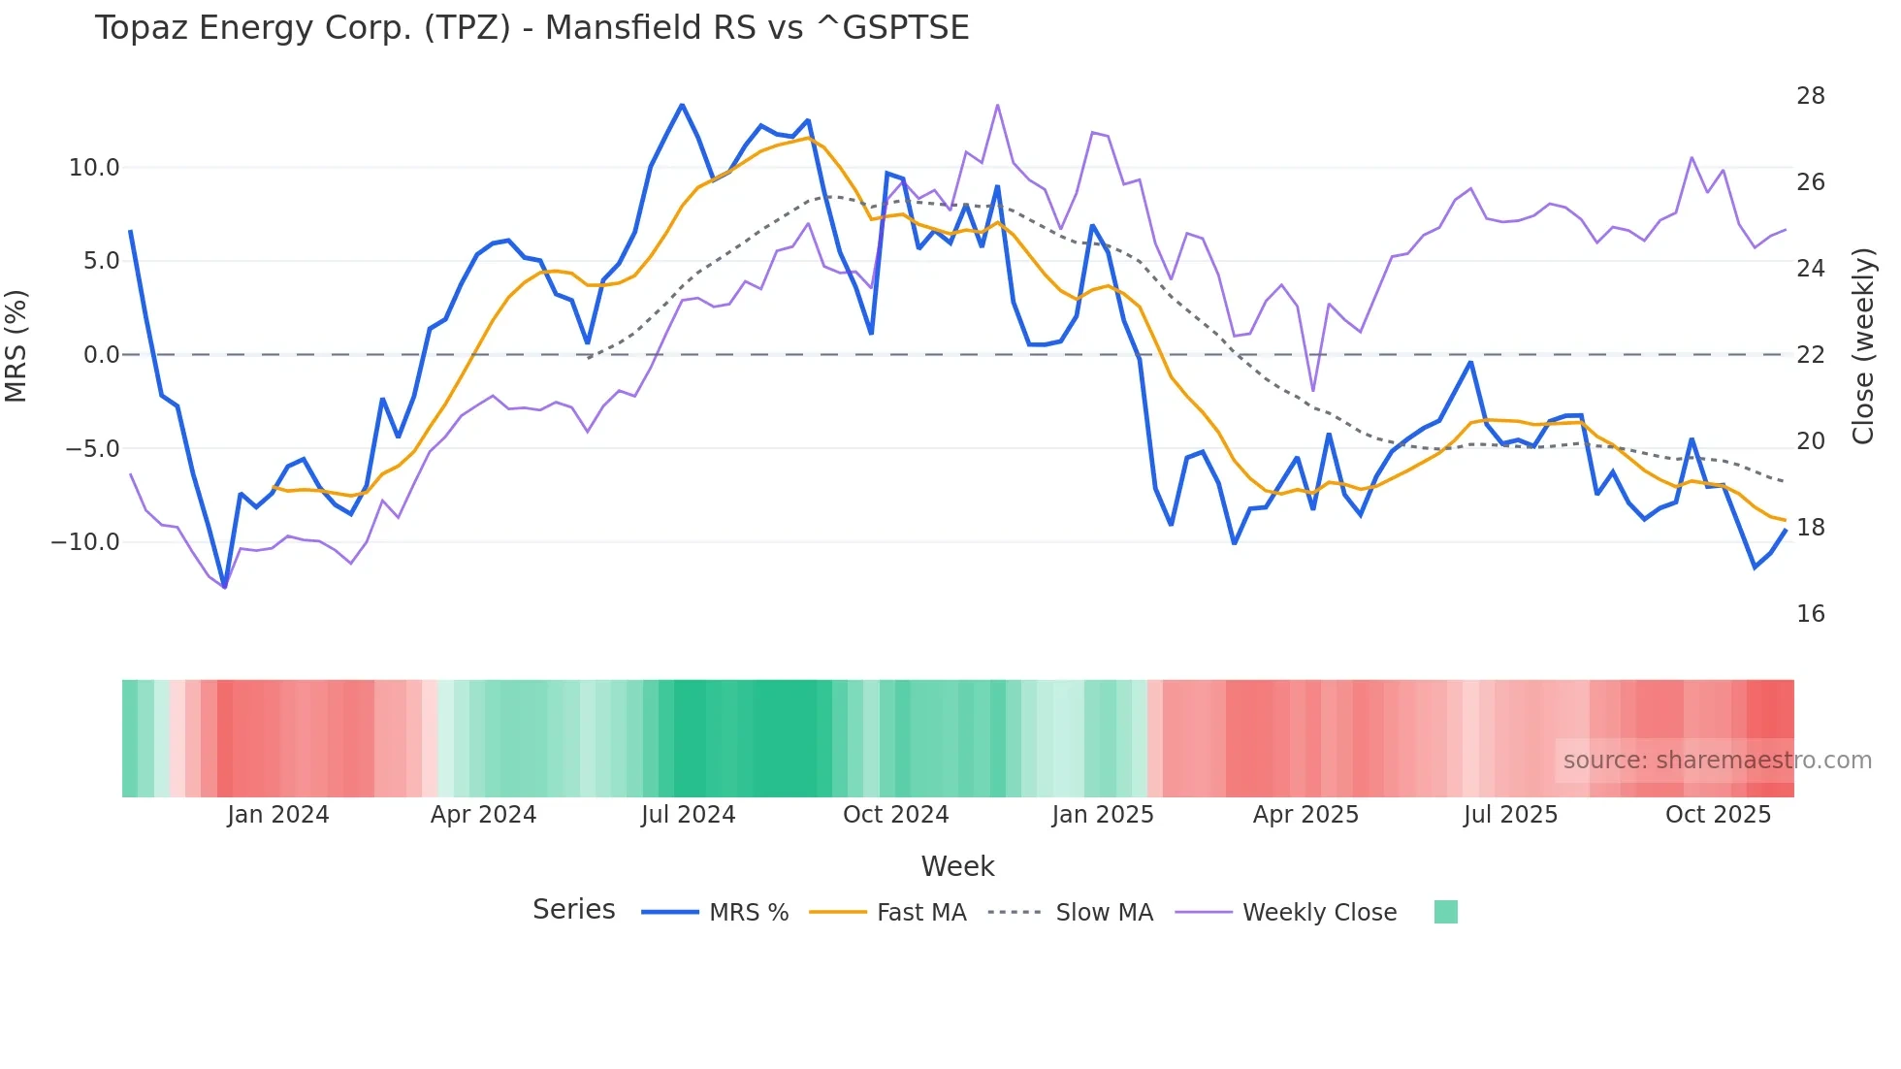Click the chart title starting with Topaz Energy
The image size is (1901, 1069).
(x=532, y=28)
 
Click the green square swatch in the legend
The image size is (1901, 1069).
(x=1445, y=912)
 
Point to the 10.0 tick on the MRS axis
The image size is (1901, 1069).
(x=94, y=168)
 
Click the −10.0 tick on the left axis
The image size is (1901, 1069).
(x=86, y=542)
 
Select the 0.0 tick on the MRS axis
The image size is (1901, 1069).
(x=101, y=355)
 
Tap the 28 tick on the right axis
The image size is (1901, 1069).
(x=1810, y=96)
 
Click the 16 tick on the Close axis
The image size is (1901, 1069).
(x=1810, y=614)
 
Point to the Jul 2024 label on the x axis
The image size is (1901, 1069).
(x=688, y=815)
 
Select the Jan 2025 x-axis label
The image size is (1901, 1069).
(x=1103, y=815)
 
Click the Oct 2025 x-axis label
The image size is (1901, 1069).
(x=1718, y=815)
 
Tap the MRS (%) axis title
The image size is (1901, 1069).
(x=16, y=345)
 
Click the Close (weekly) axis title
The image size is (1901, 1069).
(x=1862, y=346)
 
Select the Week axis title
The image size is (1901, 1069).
(x=957, y=866)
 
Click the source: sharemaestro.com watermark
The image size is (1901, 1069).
(x=1717, y=761)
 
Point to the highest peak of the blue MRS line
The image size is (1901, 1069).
(x=682, y=105)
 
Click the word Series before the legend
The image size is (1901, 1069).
(x=573, y=910)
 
